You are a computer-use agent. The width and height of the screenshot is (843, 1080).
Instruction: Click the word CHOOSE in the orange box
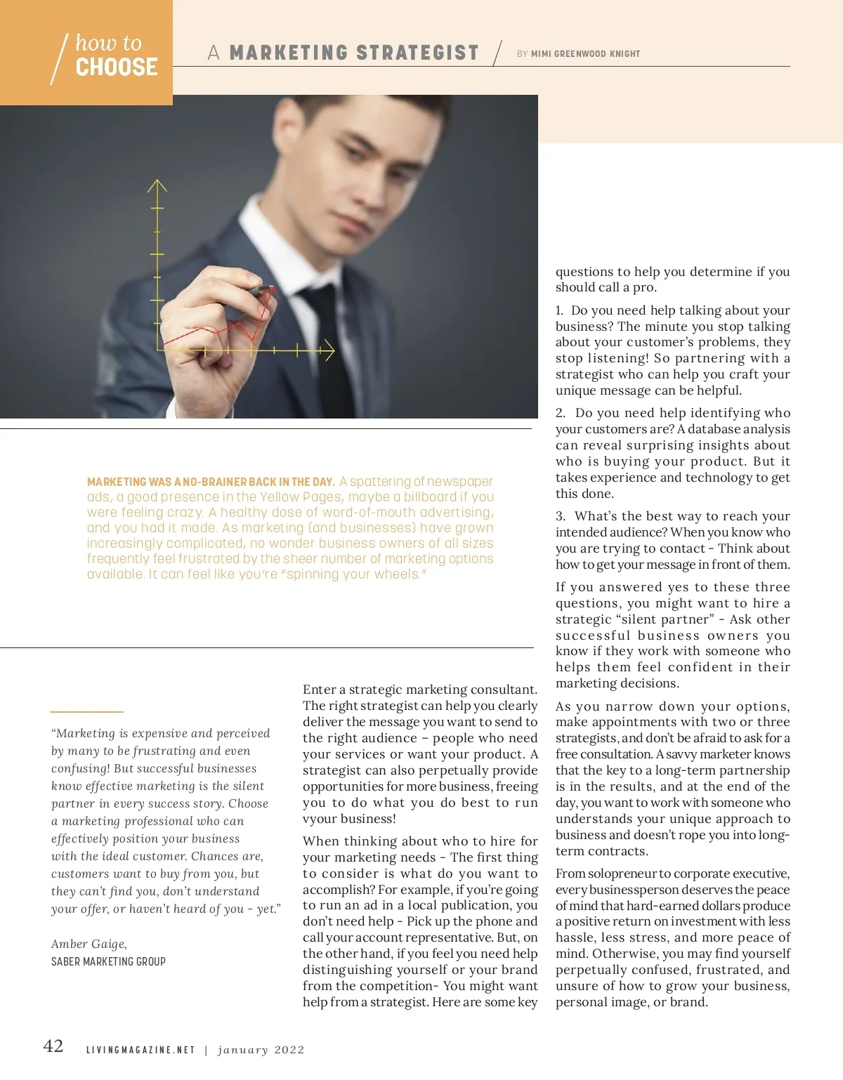coord(117,67)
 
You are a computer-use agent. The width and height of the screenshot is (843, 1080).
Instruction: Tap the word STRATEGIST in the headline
coord(417,53)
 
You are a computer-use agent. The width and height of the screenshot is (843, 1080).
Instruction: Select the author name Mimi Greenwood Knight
coord(585,54)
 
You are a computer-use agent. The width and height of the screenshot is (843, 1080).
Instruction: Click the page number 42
coord(53,1046)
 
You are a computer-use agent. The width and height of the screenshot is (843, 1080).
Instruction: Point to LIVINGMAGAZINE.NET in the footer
coord(140,1051)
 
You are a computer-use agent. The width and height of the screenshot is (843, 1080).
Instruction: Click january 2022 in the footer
coord(261,1051)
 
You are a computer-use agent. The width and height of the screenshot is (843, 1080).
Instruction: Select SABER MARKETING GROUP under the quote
coord(108,961)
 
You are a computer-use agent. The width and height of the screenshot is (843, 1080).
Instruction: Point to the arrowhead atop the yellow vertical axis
coord(157,185)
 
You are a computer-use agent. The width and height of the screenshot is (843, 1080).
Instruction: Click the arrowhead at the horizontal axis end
coord(328,349)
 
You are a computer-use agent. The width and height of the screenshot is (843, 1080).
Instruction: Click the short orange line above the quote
coord(86,711)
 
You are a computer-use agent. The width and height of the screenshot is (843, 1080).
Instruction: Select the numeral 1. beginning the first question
coord(559,310)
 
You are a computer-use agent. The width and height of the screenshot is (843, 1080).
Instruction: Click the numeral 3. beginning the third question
coord(560,516)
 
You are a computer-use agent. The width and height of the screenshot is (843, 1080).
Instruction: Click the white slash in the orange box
coord(59,59)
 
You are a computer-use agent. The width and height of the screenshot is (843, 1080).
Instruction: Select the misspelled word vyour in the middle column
coord(319,819)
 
